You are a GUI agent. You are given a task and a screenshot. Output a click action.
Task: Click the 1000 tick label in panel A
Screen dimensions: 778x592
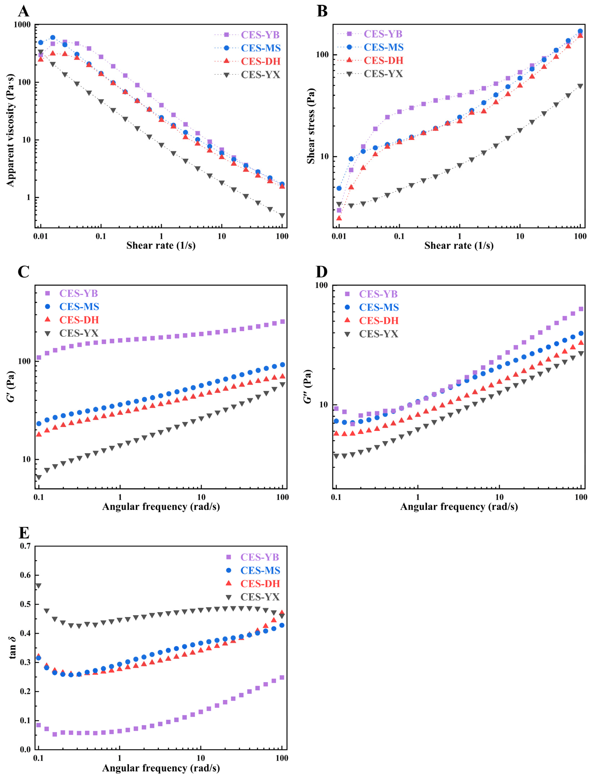[x=22, y=25]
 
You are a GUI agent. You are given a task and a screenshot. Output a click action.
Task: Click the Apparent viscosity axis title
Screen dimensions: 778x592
[x=11, y=130]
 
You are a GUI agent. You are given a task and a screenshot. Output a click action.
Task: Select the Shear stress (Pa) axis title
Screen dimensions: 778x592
[x=311, y=126]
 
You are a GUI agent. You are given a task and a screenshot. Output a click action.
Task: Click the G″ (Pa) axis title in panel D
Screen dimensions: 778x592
[x=308, y=387]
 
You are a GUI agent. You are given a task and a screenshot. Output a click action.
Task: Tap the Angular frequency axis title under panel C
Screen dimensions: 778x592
[x=161, y=507]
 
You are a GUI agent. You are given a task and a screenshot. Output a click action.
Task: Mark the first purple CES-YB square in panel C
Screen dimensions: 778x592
[x=39, y=357]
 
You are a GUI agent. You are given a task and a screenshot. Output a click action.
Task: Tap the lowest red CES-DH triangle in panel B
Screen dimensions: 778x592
[x=339, y=218]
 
